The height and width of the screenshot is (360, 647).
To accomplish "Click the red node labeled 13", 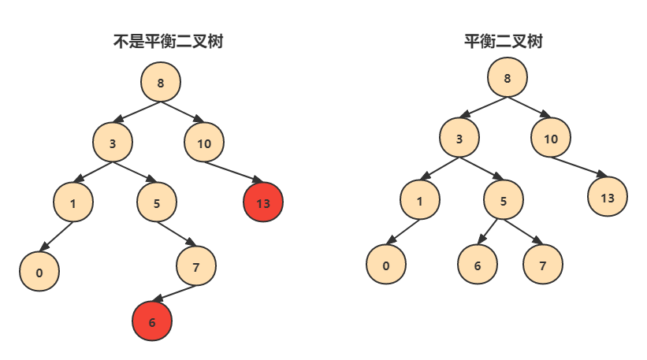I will (263, 203).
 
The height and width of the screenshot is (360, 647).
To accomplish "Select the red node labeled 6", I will (152, 321).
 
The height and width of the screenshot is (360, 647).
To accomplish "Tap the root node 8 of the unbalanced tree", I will (161, 82).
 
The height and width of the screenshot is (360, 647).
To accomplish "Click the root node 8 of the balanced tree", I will (507, 78).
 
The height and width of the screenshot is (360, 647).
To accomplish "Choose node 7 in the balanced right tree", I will (543, 265).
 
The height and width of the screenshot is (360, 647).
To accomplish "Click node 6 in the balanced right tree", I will (478, 265).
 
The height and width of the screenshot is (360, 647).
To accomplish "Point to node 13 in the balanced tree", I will (607, 197).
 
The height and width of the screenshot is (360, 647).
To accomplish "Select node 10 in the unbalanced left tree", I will (204, 143).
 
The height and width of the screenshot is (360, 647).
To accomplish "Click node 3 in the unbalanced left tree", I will (113, 143).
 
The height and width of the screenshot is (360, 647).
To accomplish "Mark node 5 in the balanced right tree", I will (503, 200).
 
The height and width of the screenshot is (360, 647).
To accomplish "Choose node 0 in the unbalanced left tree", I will (39, 273).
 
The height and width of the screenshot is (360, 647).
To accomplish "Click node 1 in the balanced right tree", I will (419, 200).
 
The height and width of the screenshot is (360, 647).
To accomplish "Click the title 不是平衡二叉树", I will (168, 42).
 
